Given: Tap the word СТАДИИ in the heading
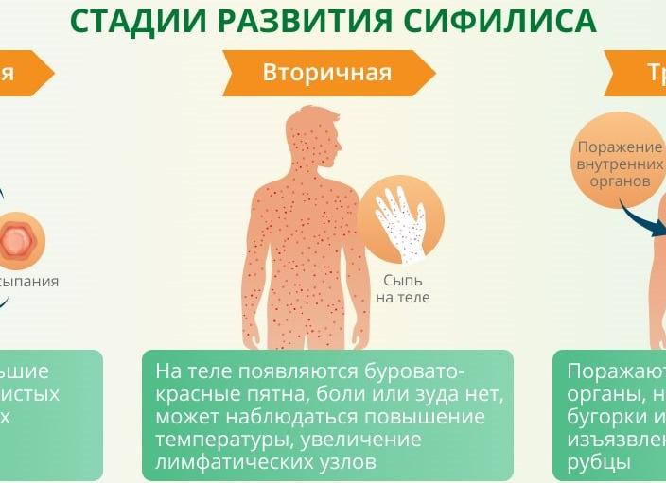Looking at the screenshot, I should click(x=124, y=20).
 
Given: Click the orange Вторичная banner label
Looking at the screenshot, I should click(x=326, y=73).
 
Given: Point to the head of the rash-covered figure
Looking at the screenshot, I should click(x=313, y=132).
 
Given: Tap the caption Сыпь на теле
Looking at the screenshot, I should click(x=403, y=289).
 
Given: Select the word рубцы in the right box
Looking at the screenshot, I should click(x=598, y=462).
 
